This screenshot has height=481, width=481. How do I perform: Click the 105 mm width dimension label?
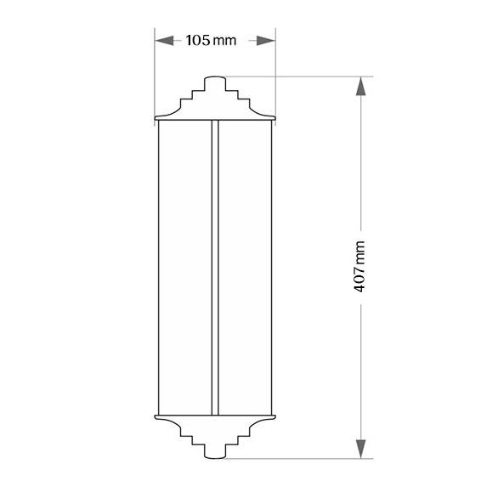211,40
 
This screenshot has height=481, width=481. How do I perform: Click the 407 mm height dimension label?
359,266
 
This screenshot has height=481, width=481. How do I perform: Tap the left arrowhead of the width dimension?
164,40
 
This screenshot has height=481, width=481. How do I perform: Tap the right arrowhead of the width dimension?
266,40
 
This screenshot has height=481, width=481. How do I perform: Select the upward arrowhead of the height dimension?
360,86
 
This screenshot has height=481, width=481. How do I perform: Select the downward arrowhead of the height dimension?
360,449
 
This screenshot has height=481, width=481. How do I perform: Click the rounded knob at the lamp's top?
215,83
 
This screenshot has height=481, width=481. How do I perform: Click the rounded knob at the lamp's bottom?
215,451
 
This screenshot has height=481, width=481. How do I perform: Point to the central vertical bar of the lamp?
215,268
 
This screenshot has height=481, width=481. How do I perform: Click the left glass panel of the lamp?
185,268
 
